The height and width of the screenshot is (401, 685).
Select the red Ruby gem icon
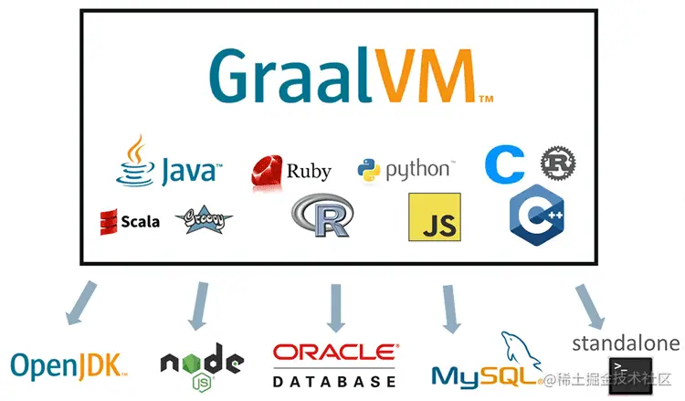click(267, 170)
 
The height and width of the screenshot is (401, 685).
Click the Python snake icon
click(368, 170)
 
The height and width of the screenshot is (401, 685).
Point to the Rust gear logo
click(557, 163)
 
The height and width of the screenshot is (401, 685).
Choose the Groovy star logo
click(202, 219)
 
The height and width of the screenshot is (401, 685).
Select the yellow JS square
click(434, 217)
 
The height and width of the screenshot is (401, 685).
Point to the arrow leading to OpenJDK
click(79, 303)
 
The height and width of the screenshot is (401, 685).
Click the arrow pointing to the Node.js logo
click(200, 305)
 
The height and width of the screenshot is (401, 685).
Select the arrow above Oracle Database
click(335, 307)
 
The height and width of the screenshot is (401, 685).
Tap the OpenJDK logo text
click(66, 365)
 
